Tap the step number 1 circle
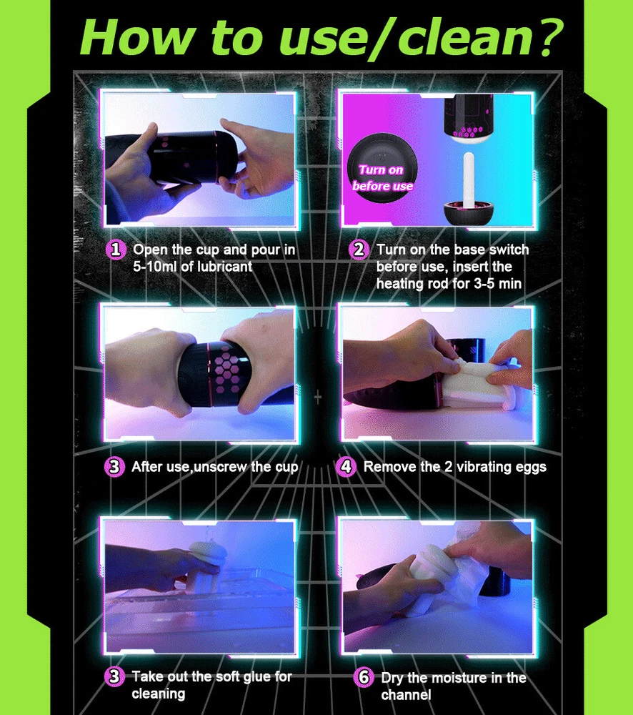point(116,250)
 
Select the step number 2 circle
point(359,250)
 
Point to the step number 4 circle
point(347,466)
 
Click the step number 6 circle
point(364,677)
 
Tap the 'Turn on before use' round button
point(382,169)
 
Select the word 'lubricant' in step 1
point(224,267)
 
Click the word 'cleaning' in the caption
point(158,694)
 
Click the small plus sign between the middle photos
point(318,398)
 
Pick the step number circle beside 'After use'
point(114,466)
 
